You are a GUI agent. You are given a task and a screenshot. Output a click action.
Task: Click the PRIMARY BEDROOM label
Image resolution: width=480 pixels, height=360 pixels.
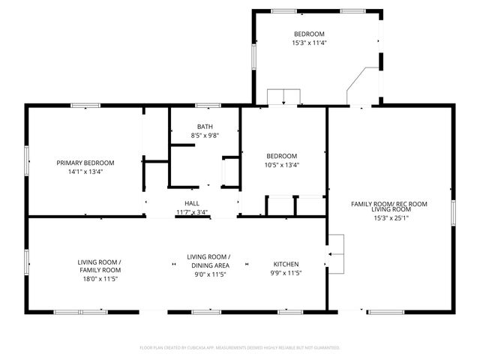click(x=85, y=163)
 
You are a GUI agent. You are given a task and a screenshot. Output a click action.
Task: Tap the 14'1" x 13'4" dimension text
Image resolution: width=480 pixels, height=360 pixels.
click(x=85, y=171)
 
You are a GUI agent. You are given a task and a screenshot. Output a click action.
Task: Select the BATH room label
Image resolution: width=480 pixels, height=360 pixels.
click(x=205, y=126)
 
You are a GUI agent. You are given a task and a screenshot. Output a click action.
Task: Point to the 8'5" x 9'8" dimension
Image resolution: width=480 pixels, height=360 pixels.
click(x=205, y=135)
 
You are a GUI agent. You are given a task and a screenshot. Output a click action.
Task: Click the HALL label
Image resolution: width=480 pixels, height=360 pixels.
click(x=192, y=203)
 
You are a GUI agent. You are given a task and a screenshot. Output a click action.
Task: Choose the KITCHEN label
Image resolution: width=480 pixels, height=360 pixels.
click(x=286, y=264)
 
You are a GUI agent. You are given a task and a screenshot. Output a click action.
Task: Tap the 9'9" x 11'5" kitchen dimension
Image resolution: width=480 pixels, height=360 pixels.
click(x=286, y=274)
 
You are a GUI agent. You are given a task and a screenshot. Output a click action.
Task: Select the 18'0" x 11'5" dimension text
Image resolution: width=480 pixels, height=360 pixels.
click(x=99, y=278)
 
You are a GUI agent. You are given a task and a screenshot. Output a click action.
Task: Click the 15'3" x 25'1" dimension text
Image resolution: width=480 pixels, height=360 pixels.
click(x=389, y=218)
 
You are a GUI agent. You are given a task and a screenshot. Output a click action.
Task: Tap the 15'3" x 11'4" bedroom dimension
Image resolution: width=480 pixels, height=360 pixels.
click(x=309, y=43)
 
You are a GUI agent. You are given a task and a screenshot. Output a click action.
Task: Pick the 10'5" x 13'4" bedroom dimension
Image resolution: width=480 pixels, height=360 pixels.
click(x=282, y=165)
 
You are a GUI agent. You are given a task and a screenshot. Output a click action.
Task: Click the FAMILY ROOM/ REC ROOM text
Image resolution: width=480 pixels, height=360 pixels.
click(x=389, y=203)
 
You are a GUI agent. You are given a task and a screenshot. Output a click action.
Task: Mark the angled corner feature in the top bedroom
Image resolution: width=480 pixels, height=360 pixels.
click(x=363, y=84)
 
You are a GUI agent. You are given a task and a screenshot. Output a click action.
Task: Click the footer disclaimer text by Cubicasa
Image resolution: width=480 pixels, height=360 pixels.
click(x=240, y=347)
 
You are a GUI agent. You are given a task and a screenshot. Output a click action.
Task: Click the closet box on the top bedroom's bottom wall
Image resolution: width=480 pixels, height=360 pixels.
click(x=283, y=97)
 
